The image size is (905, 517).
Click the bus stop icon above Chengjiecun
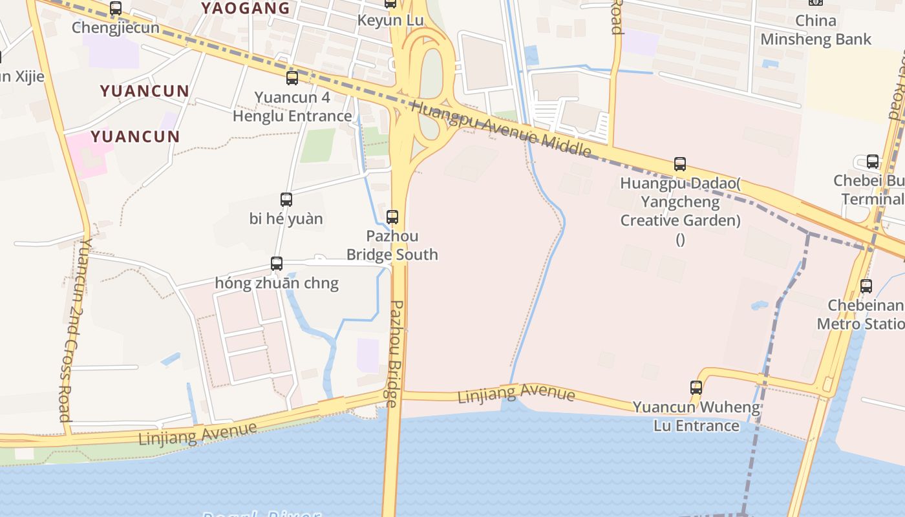point(116,8)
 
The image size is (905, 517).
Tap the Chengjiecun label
point(116,28)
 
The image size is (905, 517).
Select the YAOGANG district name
point(246,8)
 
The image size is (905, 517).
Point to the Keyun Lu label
point(390,21)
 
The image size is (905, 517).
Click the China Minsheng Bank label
point(816,30)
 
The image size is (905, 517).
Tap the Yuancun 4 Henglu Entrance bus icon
point(292,78)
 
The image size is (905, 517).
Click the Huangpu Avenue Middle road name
point(501,129)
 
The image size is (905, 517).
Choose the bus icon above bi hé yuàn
point(286,200)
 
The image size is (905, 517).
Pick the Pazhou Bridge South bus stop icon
point(392,216)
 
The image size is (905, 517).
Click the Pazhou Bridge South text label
point(392,245)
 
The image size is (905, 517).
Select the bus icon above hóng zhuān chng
point(277,264)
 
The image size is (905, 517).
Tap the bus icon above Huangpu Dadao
point(679,164)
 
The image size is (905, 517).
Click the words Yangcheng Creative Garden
point(680,211)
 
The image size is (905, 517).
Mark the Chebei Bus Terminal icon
point(873,162)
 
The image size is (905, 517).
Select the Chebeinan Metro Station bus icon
point(866,286)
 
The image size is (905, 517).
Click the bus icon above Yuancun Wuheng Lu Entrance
point(696,388)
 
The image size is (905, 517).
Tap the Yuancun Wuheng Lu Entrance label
point(696,416)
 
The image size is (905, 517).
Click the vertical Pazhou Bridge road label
point(394,353)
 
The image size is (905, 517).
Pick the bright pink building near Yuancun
point(89,154)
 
